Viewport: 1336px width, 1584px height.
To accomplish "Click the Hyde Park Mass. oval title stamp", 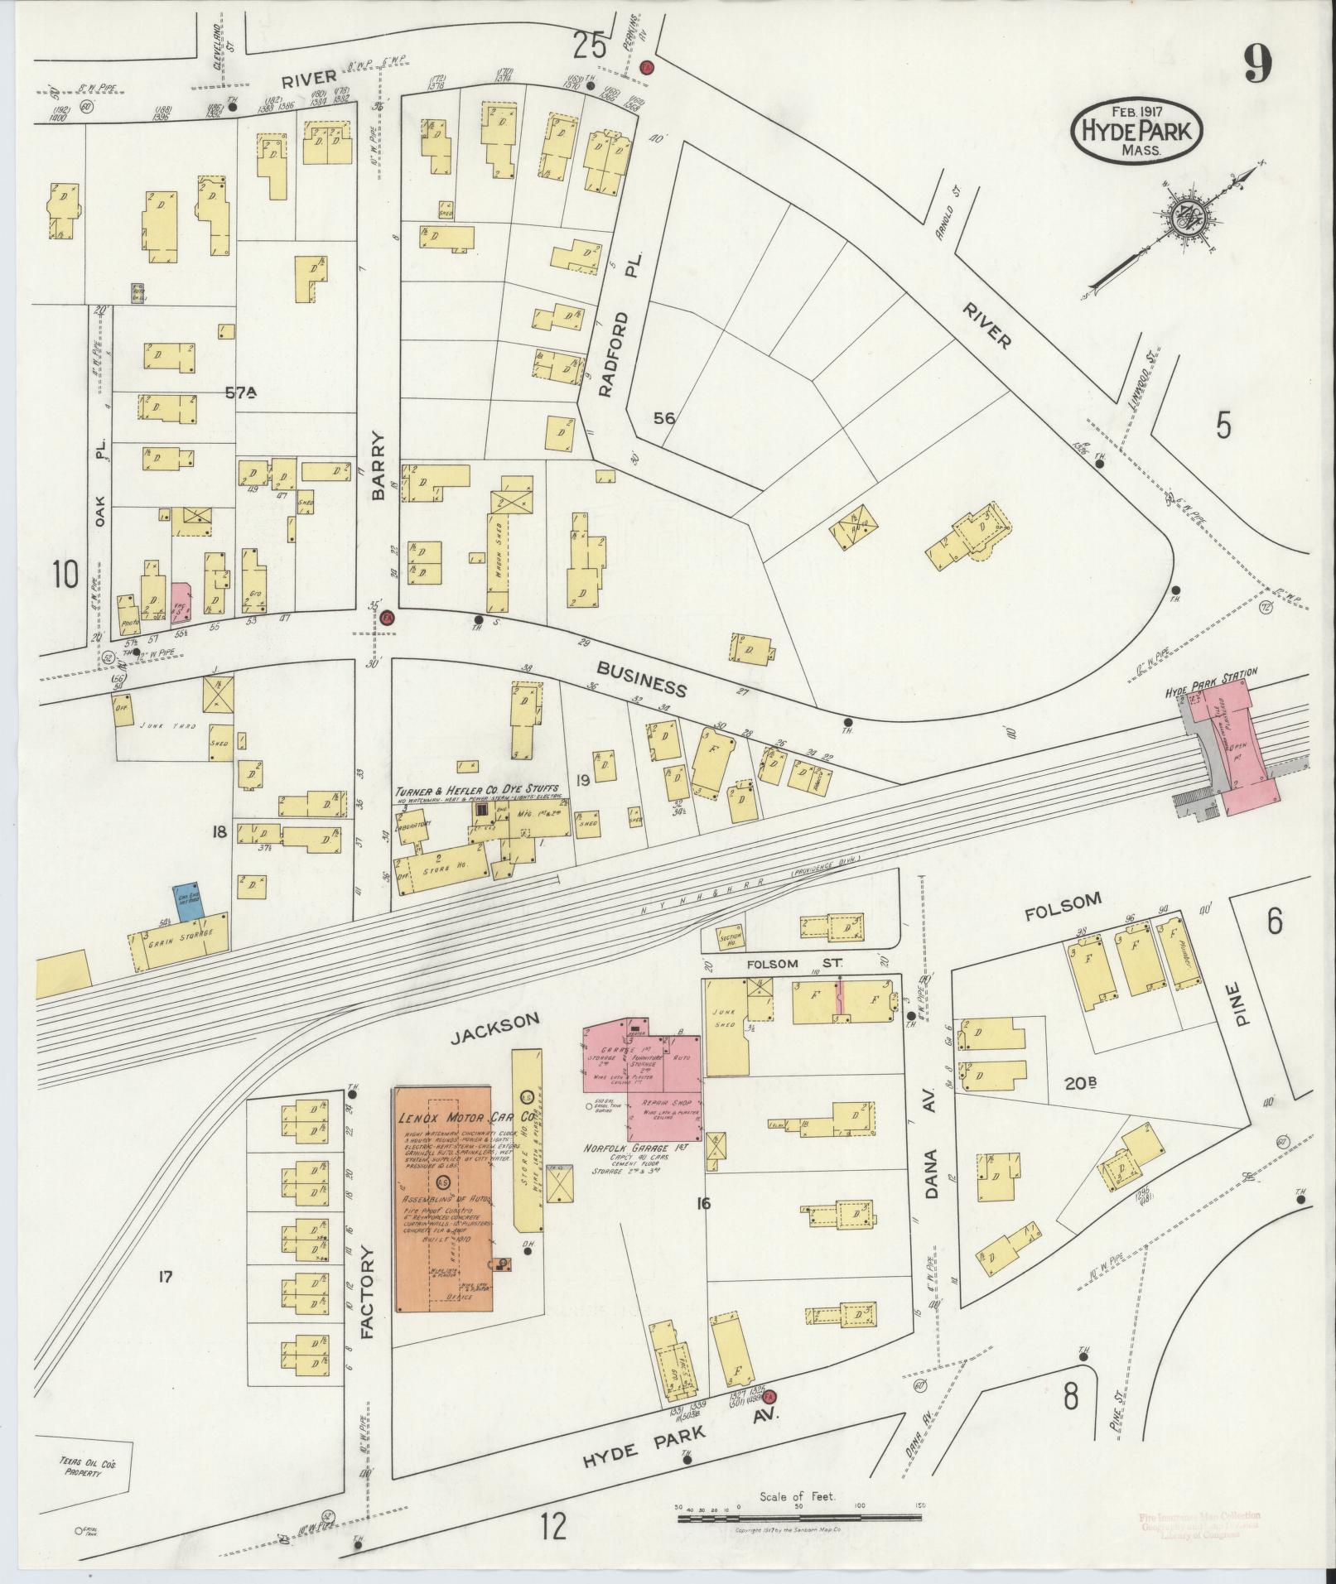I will (1136, 129).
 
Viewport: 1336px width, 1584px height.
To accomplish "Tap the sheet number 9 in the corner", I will (1256, 65).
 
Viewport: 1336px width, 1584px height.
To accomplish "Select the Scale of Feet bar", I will (799, 1518).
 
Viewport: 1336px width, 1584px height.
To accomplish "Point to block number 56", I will (663, 418).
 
